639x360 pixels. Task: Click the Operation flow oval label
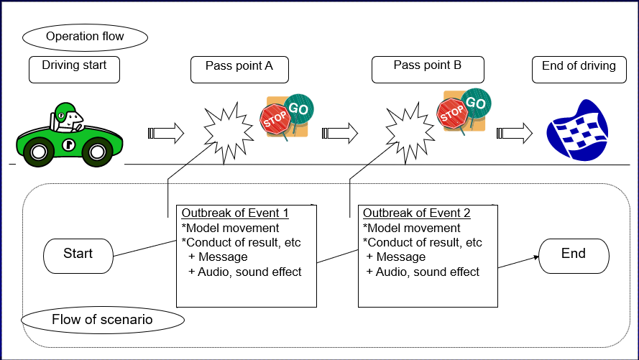[85, 37]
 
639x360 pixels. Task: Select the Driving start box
[74, 68]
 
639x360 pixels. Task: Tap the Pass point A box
[239, 69]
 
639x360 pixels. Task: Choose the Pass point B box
[428, 68]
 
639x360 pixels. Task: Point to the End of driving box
[579, 68]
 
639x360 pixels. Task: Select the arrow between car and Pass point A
[166, 133]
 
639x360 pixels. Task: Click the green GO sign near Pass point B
[475, 103]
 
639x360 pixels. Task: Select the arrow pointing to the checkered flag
[515, 132]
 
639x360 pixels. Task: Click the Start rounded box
[78, 254]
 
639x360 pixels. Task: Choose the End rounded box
[574, 254]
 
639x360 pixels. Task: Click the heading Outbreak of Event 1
[235, 213]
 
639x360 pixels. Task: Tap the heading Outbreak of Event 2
[417, 213]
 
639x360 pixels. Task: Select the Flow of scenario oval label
[102, 320]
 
